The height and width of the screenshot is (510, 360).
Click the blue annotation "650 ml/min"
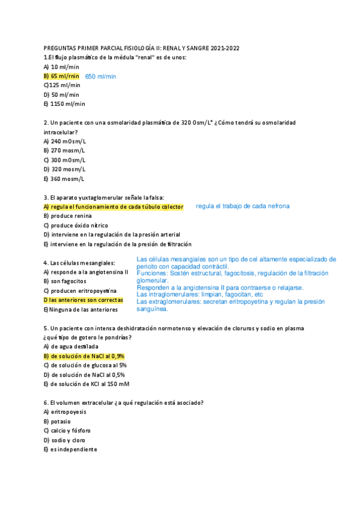click(101, 76)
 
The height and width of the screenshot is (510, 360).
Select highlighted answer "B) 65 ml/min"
click(61, 76)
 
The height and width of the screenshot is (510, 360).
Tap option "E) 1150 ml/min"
click(64, 104)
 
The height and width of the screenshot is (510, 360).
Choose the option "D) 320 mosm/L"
click(64, 169)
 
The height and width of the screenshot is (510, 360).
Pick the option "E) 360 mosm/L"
click(64, 179)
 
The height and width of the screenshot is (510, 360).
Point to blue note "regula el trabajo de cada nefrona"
click(243, 206)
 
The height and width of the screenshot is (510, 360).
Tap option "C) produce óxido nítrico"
click(76, 225)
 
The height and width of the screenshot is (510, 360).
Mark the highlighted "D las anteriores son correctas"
click(83, 300)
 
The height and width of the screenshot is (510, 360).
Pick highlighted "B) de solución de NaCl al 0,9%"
click(84, 356)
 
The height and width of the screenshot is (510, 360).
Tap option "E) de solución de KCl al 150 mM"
click(87, 384)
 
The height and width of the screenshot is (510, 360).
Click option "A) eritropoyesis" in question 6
click(65, 412)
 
